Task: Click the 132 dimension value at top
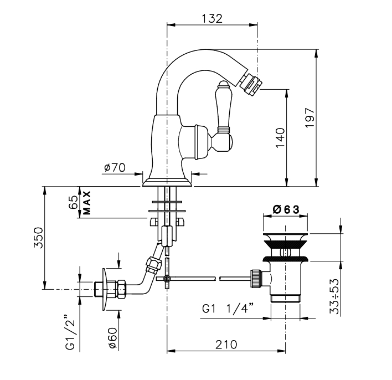pos(212,18)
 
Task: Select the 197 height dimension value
pos(310,117)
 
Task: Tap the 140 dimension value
pos(280,137)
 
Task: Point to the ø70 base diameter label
pos(115,167)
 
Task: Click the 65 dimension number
pos(73,202)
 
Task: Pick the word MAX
pos(86,203)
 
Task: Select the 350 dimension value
pos(38,238)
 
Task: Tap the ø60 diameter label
pos(113,338)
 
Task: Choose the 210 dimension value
pos(226,345)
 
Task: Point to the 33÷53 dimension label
pos(334,296)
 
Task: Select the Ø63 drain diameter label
pos(286,209)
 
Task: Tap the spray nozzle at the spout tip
pos(250,81)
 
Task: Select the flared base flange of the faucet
pos(167,183)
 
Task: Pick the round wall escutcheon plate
pos(105,290)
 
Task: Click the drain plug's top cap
pos(285,237)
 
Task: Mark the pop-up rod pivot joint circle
pos(167,278)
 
